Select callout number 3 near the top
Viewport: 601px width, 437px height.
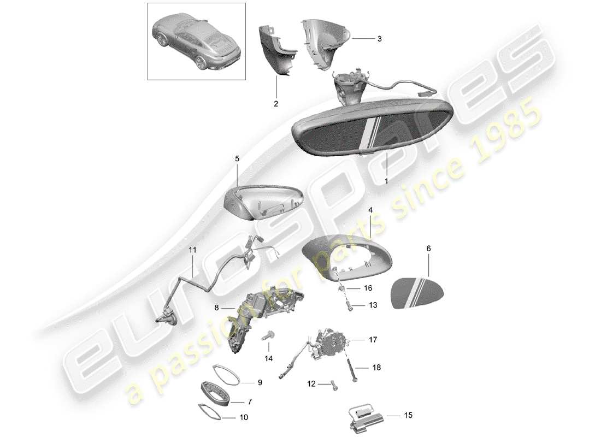tap(379, 39)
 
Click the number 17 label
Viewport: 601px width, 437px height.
tap(373, 339)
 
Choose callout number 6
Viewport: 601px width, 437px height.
tap(428, 249)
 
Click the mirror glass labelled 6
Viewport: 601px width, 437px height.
tap(418, 294)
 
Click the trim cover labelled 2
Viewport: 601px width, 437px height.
tap(278, 52)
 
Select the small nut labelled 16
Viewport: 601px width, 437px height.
tap(341, 288)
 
